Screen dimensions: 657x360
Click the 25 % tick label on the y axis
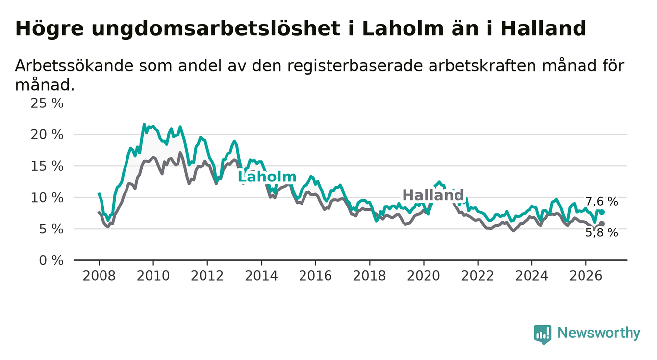47,103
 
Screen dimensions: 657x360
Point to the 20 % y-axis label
47,135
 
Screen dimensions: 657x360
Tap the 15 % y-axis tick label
47,166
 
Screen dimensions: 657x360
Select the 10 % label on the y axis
47,198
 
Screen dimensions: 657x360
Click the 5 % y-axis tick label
51,229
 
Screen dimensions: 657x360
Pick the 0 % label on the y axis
51,260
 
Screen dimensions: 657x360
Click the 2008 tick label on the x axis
99,276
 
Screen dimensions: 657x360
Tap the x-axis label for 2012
207,276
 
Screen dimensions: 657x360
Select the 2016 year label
315,276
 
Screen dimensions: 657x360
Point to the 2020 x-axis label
424,276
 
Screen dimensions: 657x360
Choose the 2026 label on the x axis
586,276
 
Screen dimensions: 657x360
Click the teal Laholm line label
267,177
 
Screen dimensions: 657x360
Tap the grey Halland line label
433,195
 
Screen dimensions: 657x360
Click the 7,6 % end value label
602,202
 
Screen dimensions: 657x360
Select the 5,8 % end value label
602,233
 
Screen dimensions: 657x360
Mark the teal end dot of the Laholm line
602,212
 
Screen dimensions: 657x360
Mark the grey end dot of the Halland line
602,224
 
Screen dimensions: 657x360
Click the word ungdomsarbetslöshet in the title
216,29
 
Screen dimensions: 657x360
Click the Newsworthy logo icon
543,334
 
